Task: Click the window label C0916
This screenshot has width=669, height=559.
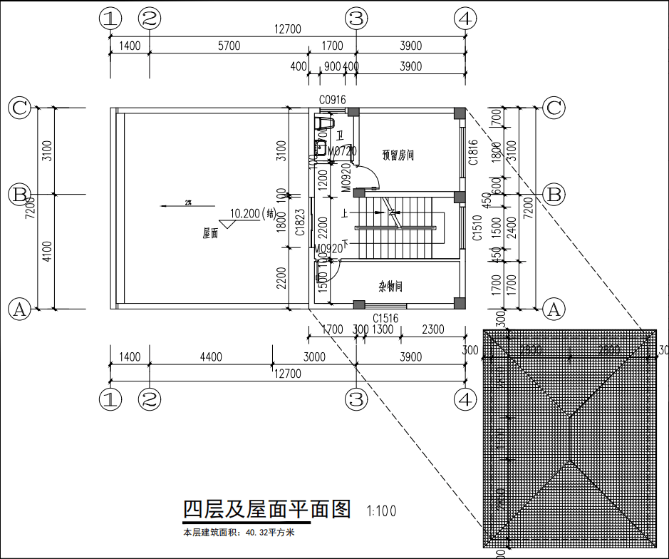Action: coord(332,101)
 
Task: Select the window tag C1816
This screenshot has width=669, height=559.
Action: coord(472,152)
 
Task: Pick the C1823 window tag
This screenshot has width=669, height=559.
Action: coord(301,222)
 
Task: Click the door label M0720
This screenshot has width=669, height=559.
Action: coord(342,151)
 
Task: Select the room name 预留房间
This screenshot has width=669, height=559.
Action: coord(398,155)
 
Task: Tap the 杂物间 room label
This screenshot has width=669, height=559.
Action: coord(390,287)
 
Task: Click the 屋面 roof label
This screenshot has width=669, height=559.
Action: coord(210,233)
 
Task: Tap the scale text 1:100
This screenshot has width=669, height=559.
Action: coord(381,511)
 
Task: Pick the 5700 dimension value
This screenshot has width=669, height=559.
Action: coord(229,46)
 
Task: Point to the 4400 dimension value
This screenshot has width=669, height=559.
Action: coord(211,357)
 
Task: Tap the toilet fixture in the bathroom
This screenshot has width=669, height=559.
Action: coord(325,123)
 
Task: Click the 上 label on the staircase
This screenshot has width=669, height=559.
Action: coord(345,212)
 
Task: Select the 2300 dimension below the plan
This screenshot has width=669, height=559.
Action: coord(432,329)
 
